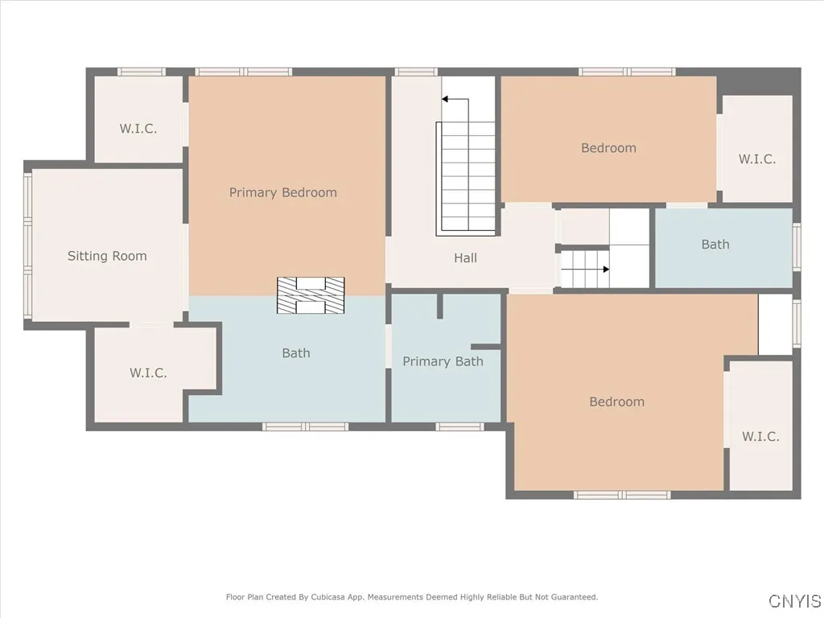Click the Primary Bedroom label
tap(282, 193)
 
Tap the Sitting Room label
tap(107, 256)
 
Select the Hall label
tap(466, 257)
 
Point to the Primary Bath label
tap(443, 361)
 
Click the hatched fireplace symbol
tap(311, 295)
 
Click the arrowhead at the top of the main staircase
tap(444, 99)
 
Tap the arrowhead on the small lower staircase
tap(607, 269)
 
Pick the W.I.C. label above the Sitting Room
tap(138, 129)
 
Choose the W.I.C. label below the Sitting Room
tap(148, 373)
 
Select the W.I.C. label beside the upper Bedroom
tap(757, 159)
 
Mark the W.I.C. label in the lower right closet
tap(760, 436)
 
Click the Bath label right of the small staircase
tap(715, 245)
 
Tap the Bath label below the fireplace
tap(296, 353)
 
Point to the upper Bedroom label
tap(608, 148)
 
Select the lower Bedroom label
tap(617, 402)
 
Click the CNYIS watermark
tap(794, 600)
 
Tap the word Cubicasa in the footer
tap(330, 597)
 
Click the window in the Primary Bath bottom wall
tap(459, 426)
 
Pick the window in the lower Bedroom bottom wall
tap(622, 495)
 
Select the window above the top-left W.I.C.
tap(141, 72)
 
